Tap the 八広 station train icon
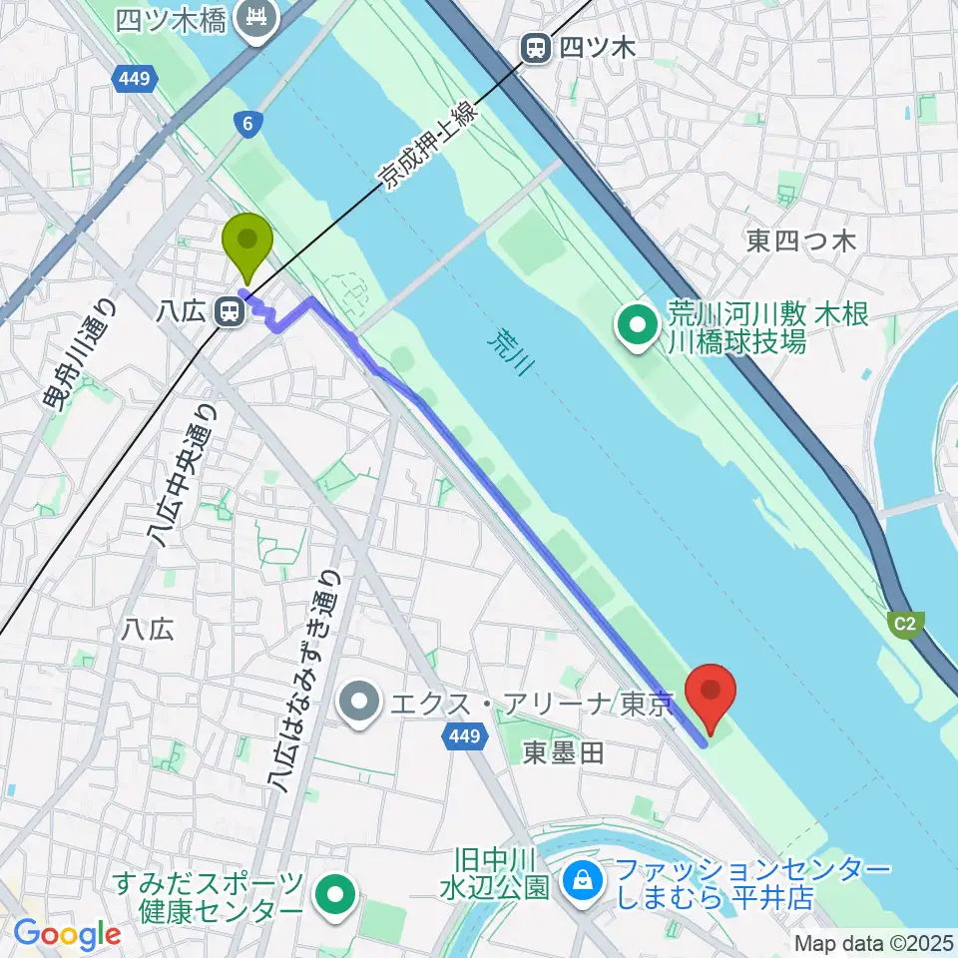[x=231, y=312]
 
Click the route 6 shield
[x=245, y=123]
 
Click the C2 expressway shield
[x=904, y=625]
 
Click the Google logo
[x=67, y=934]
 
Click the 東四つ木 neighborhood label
[x=801, y=240]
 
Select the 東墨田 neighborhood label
[x=564, y=753]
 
